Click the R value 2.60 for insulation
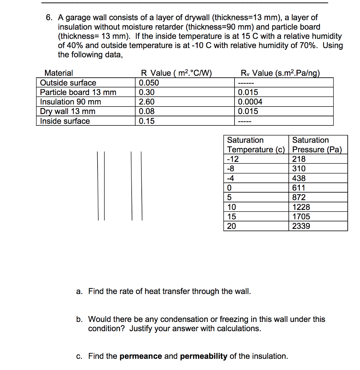coord(147,102)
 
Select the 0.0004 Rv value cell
coord(250,102)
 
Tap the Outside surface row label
coord(68,83)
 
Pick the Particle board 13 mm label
coord(78,92)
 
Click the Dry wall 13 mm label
coord(68,112)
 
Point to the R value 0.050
coord(149,83)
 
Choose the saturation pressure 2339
coord(301,226)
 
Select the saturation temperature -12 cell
coord(233,159)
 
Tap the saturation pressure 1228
coord(301,207)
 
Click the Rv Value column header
coord(280,73)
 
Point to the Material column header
coord(58,73)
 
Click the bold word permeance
coord(141,356)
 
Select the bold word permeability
coord(203,356)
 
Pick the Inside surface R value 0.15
coord(147,121)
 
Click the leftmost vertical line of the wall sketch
coord(98,185)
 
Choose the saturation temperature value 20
coord(231,226)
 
